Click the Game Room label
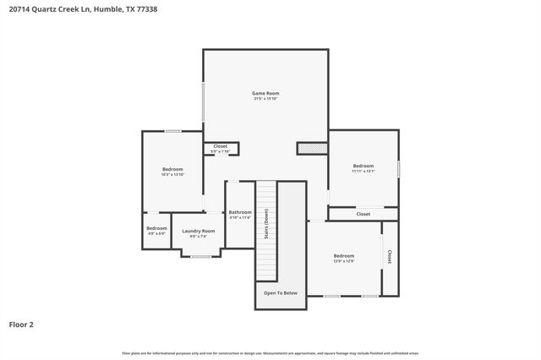point(265,93)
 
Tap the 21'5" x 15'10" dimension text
point(265,99)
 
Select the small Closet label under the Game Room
point(220,146)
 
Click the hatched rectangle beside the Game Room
point(311,149)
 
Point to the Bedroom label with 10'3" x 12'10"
point(172,169)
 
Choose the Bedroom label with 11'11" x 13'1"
point(363,166)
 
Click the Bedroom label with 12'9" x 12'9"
point(343,256)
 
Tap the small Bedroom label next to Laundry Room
point(156,228)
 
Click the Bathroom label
point(240,212)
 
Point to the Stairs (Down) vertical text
point(266,224)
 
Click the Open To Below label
point(280,293)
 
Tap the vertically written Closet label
point(389,257)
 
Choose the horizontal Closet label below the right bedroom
point(363,215)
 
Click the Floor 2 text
point(21,324)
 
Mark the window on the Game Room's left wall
point(203,100)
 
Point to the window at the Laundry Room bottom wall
point(200,256)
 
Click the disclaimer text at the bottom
point(270,352)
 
